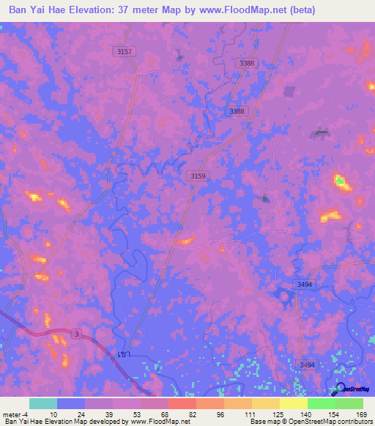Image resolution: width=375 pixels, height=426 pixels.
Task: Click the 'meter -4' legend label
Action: point(14,414)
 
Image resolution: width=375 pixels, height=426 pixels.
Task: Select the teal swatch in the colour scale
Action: point(42,403)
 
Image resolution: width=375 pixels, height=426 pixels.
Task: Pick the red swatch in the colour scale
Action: point(181,403)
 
